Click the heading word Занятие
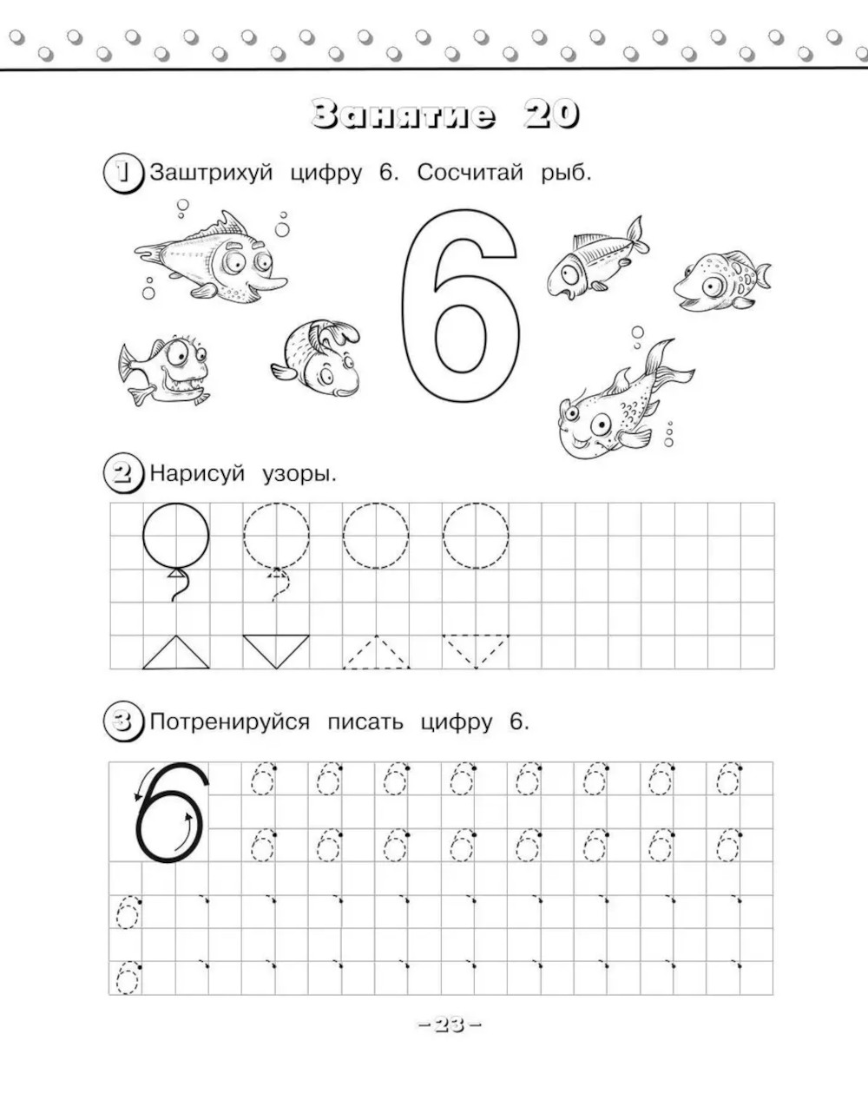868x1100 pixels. pyautogui.click(x=404, y=114)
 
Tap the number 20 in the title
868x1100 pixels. pyautogui.click(x=551, y=114)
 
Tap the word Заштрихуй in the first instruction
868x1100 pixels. pyautogui.click(x=212, y=173)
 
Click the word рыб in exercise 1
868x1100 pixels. pyautogui.click(x=566, y=173)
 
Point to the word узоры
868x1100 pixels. pyautogui.click(x=299, y=474)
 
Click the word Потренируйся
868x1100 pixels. pyautogui.click(x=230, y=722)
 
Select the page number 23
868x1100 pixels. pyautogui.click(x=450, y=1024)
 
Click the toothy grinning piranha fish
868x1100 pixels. pyautogui.click(x=165, y=370)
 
